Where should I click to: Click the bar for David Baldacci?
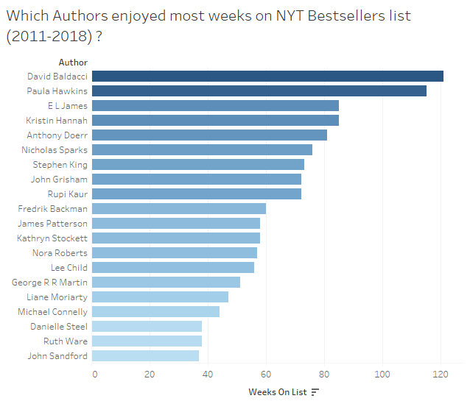[x=267, y=76]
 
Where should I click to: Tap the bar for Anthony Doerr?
[x=209, y=135]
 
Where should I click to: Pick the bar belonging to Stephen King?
[x=198, y=164]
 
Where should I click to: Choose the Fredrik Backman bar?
[x=179, y=208]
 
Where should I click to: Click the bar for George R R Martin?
[x=166, y=282]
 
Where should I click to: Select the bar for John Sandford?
[x=146, y=355]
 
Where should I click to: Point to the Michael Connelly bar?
[x=156, y=311]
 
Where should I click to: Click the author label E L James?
[x=67, y=105]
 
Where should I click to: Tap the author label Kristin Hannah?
[x=57, y=120]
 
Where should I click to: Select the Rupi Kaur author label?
[x=68, y=194]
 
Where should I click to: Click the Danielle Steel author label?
[x=59, y=326]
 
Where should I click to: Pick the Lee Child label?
[x=69, y=267]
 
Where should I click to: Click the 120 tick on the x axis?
[x=441, y=375]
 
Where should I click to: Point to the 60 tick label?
[x=266, y=375]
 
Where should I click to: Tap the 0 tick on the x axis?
[x=94, y=375]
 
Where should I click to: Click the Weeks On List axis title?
[x=278, y=391]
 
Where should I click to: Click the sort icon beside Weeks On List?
[x=315, y=391]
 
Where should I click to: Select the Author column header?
[x=73, y=63]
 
